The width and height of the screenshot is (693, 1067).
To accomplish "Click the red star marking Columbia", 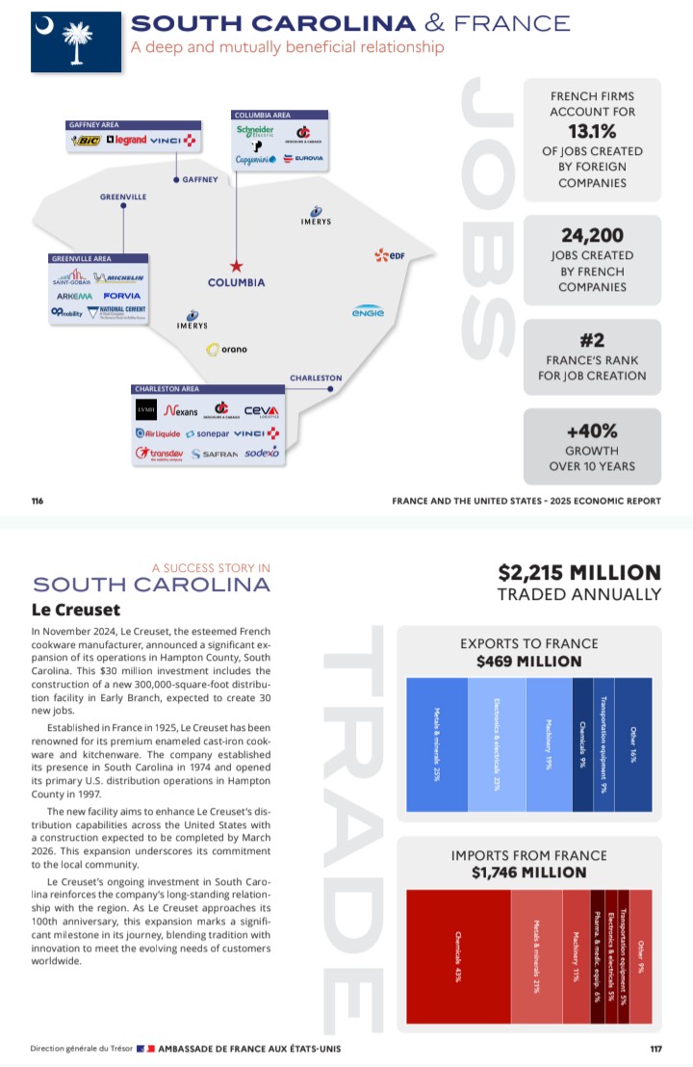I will tap(236, 266).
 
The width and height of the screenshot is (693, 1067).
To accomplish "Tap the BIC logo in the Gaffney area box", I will tap(86, 141).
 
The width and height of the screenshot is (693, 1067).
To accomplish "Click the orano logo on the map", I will tap(227, 350).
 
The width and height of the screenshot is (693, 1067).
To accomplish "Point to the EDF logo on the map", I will tap(388, 255).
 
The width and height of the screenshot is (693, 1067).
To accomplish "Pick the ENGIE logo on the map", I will tap(368, 311).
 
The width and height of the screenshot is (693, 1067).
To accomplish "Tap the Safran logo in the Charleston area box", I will tap(214, 453).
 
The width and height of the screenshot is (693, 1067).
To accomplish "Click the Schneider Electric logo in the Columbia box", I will tap(255, 132).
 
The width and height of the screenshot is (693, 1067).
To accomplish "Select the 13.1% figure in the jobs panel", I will tap(592, 131).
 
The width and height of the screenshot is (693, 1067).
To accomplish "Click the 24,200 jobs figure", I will tap(592, 235).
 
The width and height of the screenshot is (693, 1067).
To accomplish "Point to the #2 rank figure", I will tap(592, 339).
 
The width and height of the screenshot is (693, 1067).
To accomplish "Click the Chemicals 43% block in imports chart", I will tap(458, 956).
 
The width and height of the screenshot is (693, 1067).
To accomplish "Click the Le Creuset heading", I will tap(76, 610).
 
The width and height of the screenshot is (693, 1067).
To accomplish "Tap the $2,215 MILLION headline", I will tap(579, 573).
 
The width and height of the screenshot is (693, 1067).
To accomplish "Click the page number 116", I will tap(38, 501).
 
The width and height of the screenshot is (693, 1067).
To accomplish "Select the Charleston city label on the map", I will tap(316, 377).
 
